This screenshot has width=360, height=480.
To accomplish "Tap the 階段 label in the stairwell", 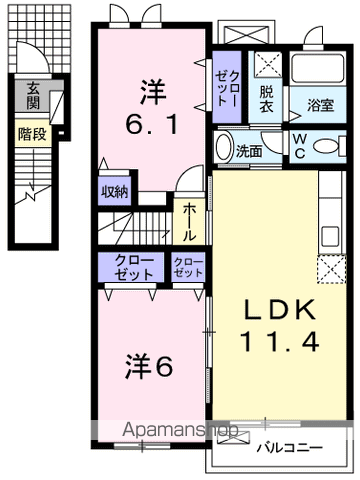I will tap(33, 133).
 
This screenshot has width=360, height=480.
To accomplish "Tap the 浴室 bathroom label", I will tap(320, 102).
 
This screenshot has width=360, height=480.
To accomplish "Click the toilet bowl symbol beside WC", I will tap(325, 145).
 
